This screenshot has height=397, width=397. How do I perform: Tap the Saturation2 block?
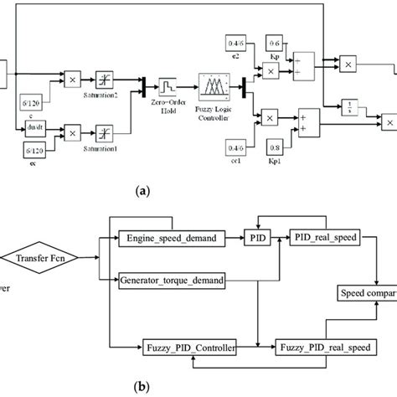tap(106, 80)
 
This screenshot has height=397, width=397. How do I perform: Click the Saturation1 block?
tap(106, 131)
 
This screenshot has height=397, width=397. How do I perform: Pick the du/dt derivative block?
tap(36, 129)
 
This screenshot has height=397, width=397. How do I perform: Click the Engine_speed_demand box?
tap(171, 239)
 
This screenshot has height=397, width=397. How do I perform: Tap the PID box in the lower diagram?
tap(255, 239)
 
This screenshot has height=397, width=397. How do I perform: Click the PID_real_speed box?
tap(325, 239)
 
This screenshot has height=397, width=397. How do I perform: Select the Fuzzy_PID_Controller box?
tap(188, 345)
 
